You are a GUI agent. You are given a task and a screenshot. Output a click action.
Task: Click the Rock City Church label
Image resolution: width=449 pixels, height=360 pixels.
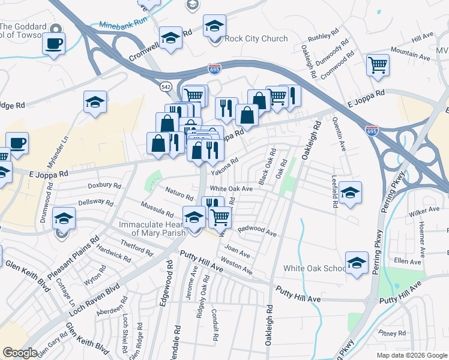(256, 39)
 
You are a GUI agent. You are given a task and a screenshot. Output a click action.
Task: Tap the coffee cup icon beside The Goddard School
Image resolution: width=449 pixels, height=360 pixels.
(53, 43)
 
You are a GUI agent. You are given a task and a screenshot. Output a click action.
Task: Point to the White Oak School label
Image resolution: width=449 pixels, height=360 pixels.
(315, 268)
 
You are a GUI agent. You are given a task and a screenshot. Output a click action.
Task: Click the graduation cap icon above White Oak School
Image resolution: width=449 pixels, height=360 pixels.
(357, 263)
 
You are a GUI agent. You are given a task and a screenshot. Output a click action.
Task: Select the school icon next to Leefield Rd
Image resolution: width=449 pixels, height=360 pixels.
(350, 193)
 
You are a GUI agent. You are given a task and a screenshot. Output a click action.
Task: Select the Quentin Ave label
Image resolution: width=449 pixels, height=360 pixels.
(339, 133)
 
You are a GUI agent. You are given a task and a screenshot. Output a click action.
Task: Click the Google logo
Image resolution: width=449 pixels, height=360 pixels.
(20, 353)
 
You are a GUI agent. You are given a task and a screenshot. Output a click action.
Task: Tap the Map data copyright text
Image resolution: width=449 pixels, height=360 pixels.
(411, 355)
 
